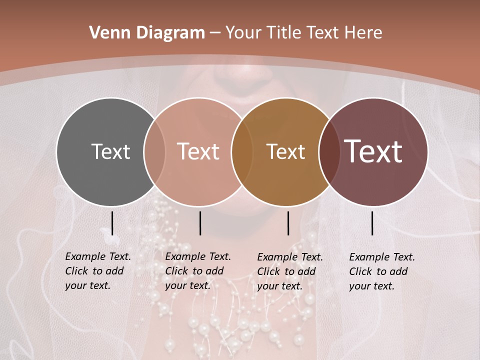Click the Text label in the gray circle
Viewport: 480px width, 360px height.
coord(110,151)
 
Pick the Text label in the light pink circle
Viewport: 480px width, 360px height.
coord(198,151)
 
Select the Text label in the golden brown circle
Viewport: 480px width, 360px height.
coord(285,151)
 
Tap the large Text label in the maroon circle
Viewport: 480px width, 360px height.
coord(373,151)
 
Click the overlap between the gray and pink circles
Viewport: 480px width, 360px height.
coord(154,151)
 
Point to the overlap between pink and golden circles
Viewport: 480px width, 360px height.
coord(242,151)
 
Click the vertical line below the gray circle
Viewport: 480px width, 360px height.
coord(112,223)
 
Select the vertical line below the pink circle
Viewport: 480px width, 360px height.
coord(200,223)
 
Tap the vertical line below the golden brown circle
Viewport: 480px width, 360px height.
coord(288,223)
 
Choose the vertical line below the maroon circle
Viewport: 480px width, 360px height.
coord(372,223)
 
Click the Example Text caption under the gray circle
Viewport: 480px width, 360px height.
coord(98,271)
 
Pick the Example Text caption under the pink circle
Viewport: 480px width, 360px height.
coord(198,271)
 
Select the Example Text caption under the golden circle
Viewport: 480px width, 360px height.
coord(290,271)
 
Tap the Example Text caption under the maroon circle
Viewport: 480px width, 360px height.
coord(382,271)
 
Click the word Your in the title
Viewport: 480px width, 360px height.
coord(244,33)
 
